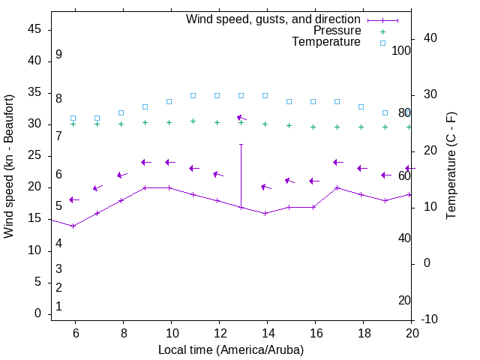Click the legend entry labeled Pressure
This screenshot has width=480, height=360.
[337, 31]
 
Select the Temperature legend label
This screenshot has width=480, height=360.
[326, 42]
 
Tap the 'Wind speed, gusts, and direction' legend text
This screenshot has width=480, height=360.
[274, 19]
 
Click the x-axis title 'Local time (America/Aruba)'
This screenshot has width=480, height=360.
[231, 349]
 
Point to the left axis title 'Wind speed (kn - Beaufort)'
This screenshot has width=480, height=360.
[9, 166]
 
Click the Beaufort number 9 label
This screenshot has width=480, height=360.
[58, 55]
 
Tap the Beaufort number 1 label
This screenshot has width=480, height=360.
[58, 306]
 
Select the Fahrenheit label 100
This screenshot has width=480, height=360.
[401, 50]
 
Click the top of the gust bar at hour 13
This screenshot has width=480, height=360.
[241, 145]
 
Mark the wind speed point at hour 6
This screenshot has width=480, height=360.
[73, 226]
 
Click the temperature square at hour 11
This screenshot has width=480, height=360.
[193, 95]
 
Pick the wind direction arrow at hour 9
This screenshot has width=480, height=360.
[146, 162]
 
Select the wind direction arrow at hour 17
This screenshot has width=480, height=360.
[337, 162]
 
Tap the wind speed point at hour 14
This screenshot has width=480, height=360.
[265, 213]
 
